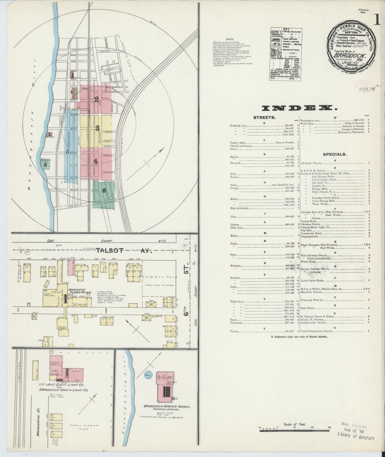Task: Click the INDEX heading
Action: coord(299,108)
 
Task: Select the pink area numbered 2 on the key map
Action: coord(96,99)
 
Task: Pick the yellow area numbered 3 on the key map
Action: coord(98,128)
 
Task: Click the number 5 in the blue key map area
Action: coord(68,152)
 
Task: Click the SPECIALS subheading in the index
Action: coord(335,154)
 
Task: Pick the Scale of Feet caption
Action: coord(295,424)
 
